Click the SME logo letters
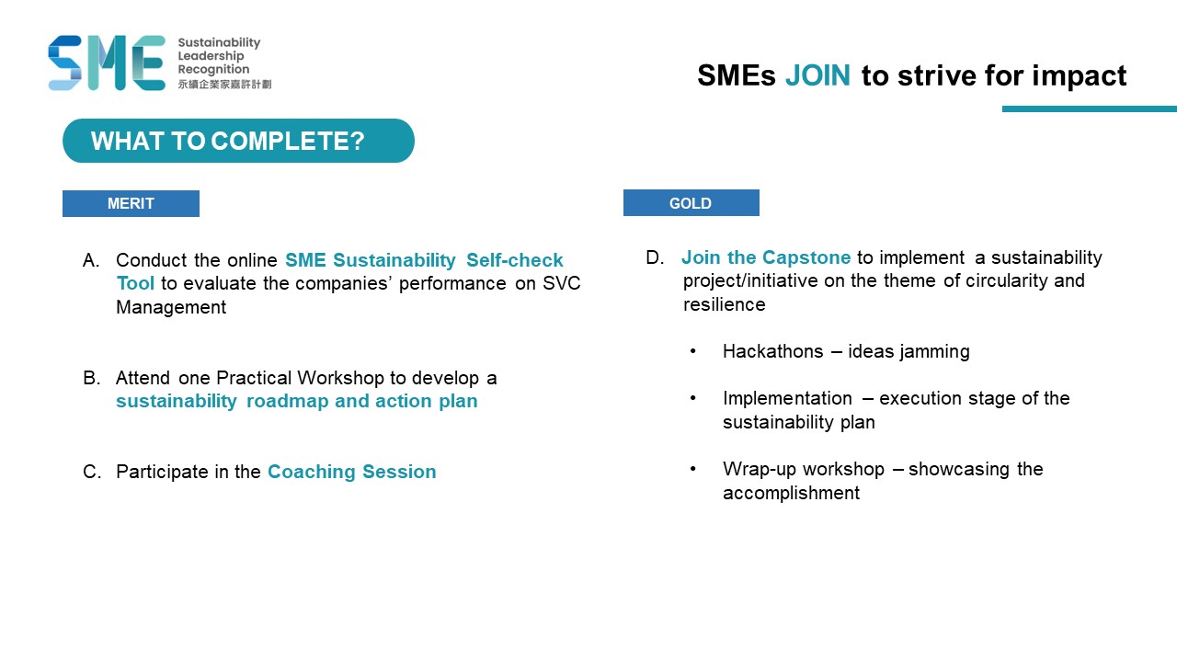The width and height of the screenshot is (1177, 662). click(107, 63)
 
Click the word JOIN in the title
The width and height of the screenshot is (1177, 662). click(817, 75)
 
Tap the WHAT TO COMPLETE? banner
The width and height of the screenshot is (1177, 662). click(238, 141)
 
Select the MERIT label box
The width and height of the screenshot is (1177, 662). click(131, 203)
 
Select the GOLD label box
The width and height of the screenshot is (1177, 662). click(691, 203)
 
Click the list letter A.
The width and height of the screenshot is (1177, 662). click(91, 260)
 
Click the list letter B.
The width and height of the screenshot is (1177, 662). click(91, 378)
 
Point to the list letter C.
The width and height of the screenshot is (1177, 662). click(92, 472)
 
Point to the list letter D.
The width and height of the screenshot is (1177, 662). click(655, 257)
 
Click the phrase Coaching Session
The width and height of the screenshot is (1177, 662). click(352, 472)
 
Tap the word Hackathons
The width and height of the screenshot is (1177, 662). click(772, 351)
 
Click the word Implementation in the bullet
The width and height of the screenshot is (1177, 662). click(787, 398)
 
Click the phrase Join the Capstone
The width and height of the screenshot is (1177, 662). click(766, 257)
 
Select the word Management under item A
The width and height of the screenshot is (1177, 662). click(171, 307)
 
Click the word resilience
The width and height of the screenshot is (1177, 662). click(724, 304)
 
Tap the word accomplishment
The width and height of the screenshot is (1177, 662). click(791, 494)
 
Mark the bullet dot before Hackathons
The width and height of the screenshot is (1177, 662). click(693, 351)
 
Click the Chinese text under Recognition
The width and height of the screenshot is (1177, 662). click(224, 84)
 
